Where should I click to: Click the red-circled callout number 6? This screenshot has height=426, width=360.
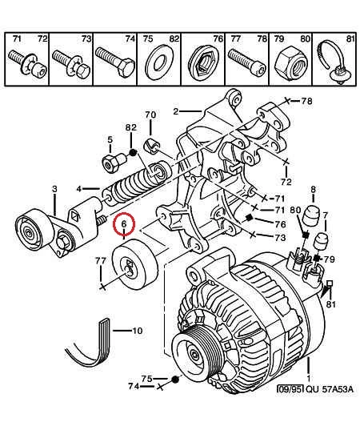point(124,224)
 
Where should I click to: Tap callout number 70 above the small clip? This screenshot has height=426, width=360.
point(150,115)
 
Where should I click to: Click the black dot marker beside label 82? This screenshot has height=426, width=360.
point(133,153)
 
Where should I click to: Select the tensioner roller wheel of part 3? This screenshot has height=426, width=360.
point(34,230)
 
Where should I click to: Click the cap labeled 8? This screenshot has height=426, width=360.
point(311,216)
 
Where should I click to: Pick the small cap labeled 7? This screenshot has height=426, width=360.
point(321,242)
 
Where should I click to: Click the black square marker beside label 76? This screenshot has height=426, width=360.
point(249,218)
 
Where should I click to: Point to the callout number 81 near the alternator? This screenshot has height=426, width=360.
point(330,304)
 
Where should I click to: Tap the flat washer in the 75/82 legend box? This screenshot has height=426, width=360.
point(159,62)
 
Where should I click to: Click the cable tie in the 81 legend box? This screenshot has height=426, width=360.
point(333,62)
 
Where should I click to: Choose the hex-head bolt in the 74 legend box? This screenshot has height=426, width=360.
point(115,62)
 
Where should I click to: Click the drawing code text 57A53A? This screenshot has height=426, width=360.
point(338,389)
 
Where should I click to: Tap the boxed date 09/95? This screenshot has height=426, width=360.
point(290,389)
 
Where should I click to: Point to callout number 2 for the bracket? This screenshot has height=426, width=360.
point(176,111)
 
